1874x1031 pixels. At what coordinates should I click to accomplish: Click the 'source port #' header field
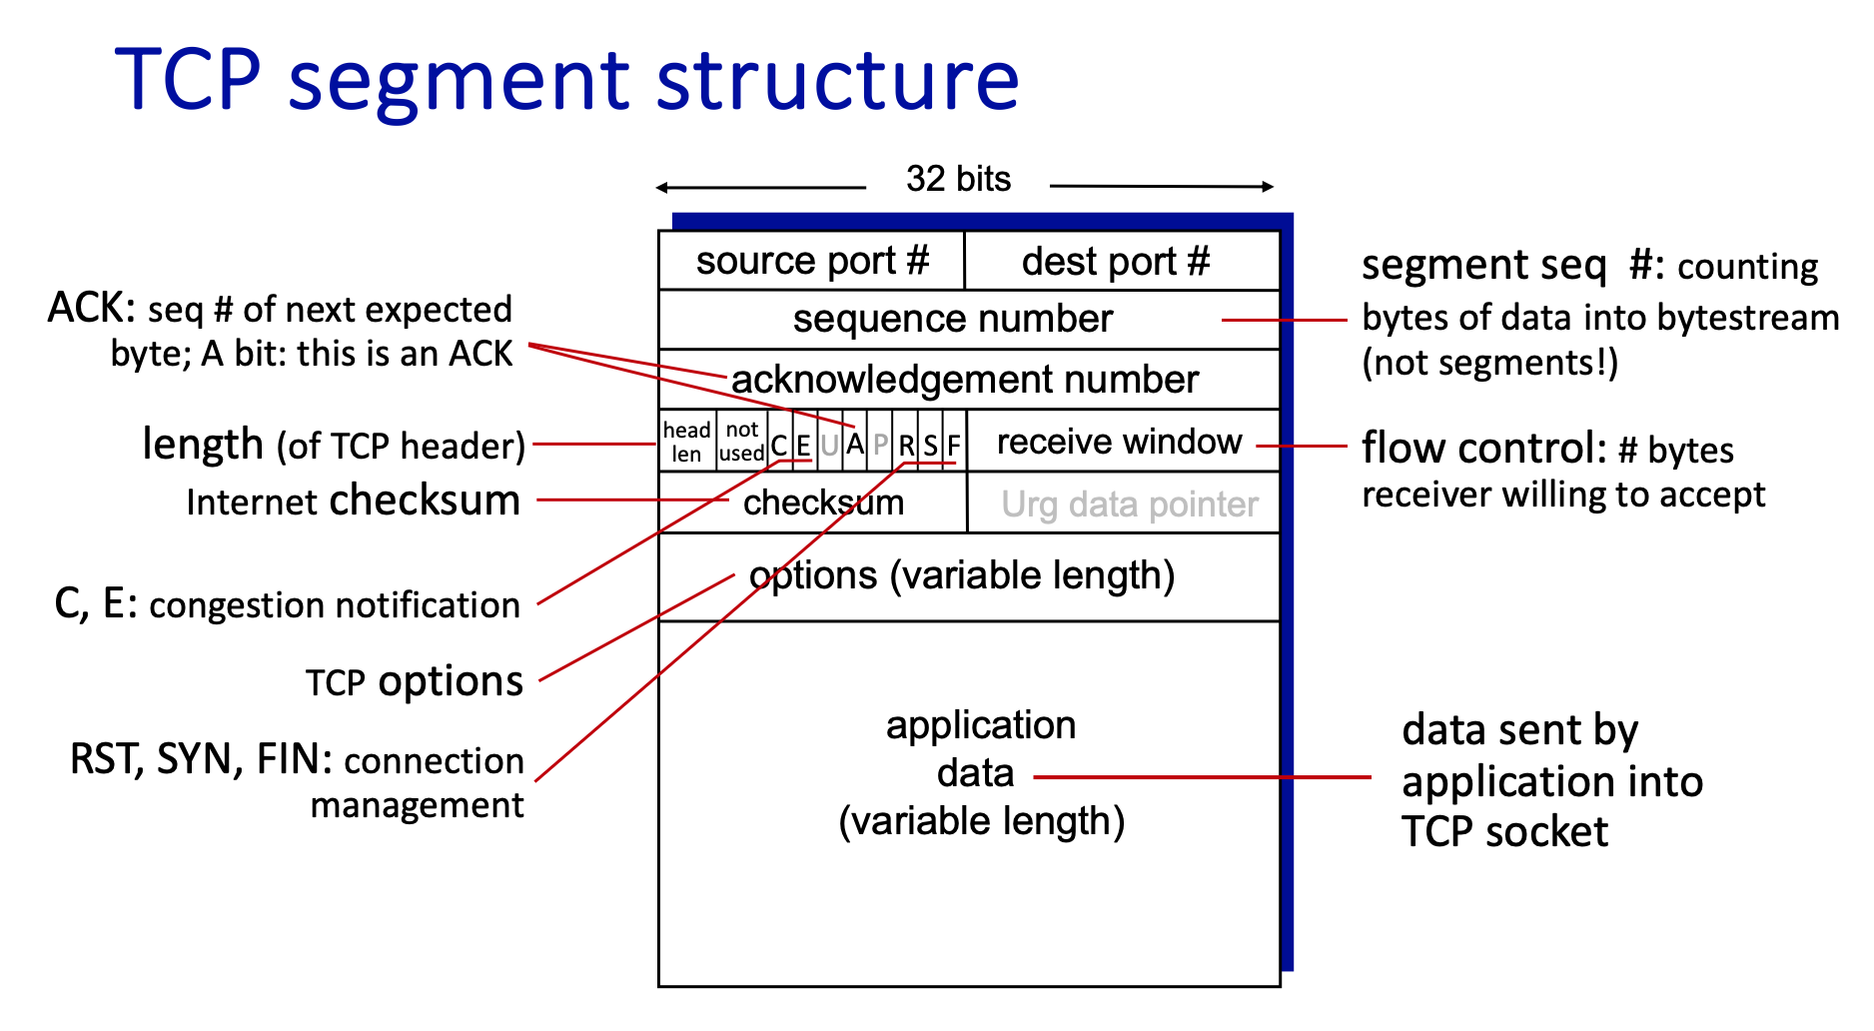(812, 261)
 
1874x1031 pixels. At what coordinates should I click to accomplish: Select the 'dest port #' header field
(1116, 262)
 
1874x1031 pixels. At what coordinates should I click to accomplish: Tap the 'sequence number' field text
(952, 319)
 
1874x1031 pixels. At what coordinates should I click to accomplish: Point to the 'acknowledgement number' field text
(964, 380)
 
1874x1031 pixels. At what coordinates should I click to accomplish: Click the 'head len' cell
(687, 442)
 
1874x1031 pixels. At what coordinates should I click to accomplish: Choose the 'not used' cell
(742, 442)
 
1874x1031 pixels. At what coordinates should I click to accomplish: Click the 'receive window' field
(1119, 442)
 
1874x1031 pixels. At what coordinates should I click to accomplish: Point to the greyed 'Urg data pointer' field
(1129, 505)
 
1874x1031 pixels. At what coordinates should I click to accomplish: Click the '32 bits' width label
(958, 179)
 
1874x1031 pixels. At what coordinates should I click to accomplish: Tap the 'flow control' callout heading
(1482, 449)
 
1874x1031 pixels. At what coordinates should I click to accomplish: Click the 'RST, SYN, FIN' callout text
(200, 759)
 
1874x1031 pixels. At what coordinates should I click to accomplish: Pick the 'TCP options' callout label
(414, 681)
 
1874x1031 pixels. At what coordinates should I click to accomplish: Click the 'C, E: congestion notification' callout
(287, 604)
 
